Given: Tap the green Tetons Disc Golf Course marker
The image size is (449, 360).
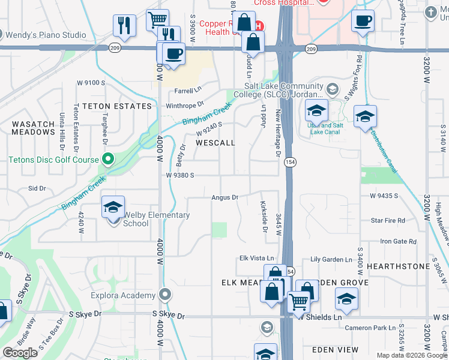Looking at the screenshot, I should coord(108,159).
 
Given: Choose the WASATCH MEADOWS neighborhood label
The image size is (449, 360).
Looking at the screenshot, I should coord(34,127).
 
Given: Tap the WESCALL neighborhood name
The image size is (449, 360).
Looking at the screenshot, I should coord(215,143).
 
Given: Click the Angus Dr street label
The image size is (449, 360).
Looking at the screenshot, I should coord(225,197).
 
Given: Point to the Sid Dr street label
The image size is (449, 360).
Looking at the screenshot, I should coord(37,188).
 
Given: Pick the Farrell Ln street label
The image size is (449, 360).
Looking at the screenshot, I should coord(188,90).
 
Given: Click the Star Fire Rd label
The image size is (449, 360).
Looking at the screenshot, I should coord(388,221).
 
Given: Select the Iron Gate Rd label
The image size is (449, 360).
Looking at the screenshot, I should coord(399,241).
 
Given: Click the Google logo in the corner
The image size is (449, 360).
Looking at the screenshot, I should coord(20,353).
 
